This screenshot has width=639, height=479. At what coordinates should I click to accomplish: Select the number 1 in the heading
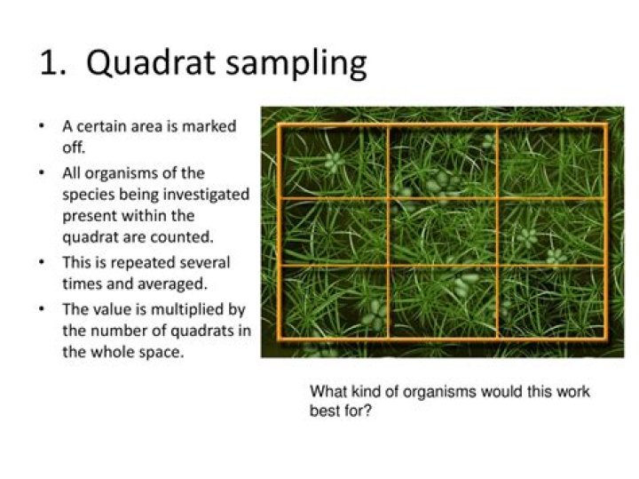tap(51, 64)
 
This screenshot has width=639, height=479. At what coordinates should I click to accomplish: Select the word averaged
tap(176, 283)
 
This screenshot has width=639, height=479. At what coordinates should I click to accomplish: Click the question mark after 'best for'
tap(367, 412)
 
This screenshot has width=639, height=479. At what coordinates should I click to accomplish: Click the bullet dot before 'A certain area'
tap(42, 126)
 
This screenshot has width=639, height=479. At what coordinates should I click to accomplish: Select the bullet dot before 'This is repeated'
tap(42, 262)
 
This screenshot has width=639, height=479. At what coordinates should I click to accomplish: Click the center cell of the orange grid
tap(442, 231)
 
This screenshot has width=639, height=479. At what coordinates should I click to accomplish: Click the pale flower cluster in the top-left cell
tap(332, 162)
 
